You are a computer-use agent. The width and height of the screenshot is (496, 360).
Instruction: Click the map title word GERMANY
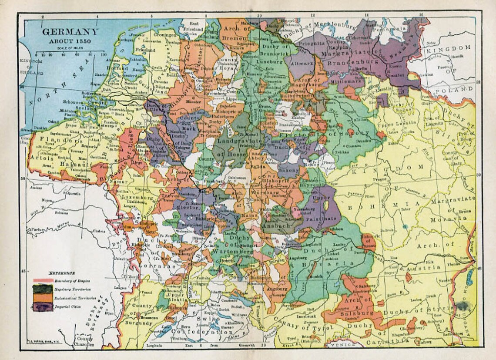point(70,33)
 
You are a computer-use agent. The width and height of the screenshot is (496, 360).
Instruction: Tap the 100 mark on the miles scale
point(104,55)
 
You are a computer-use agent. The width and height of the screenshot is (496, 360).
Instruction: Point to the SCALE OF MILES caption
point(70,48)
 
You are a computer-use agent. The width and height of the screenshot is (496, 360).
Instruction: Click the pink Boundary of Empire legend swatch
point(43,280)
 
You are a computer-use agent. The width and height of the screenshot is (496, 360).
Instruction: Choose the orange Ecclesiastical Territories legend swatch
point(43,297)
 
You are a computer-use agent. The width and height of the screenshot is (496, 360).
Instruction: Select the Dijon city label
point(110,313)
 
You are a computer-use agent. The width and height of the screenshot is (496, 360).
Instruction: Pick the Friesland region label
point(146,50)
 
